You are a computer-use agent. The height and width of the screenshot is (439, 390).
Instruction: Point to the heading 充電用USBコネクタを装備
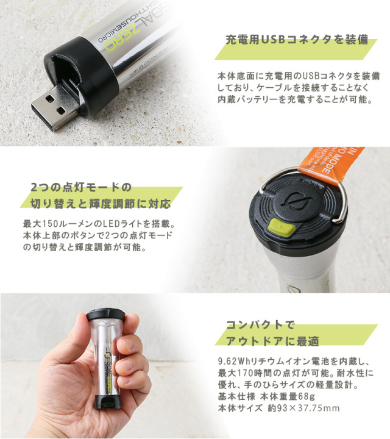[297, 40]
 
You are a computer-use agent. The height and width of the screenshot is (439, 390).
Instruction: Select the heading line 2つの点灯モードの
[80, 187]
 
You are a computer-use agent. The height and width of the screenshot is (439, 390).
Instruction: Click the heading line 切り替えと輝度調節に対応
[101, 204]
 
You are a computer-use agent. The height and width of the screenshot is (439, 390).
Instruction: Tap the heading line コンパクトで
[260, 325]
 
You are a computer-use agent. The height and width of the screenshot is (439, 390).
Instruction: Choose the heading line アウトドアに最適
[272, 341]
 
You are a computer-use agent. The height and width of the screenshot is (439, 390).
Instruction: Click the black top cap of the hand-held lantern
[106, 315]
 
